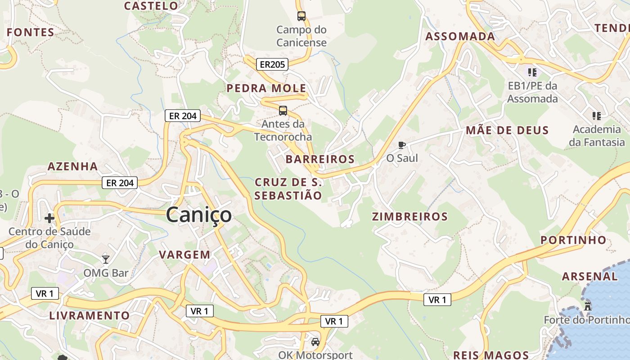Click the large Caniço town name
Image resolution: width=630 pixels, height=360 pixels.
(x=199, y=215)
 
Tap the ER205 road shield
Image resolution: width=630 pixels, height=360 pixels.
(x=272, y=64)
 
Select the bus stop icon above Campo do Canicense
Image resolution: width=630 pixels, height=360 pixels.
(x=301, y=16)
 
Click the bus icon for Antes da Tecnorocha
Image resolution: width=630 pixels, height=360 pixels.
(x=283, y=111)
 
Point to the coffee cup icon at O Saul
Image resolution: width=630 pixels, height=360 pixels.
(x=402, y=145)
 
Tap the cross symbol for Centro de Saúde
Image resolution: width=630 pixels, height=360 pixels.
(x=49, y=219)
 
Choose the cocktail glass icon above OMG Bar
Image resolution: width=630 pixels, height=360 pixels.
(x=106, y=259)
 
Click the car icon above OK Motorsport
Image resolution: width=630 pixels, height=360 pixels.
(x=315, y=342)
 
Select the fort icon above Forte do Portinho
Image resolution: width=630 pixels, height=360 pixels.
(x=587, y=306)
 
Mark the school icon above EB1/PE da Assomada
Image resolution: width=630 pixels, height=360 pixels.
(x=532, y=72)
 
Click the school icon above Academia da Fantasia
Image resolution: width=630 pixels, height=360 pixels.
(x=597, y=116)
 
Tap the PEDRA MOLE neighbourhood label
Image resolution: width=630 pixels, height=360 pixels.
(x=266, y=88)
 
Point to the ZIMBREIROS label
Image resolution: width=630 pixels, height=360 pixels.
(x=410, y=217)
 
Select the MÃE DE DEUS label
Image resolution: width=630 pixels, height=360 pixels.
(x=507, y=131)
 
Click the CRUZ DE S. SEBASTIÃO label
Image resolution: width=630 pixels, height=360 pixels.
(x=288, y=189)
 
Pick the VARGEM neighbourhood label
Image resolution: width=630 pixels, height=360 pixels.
(x=184, y=255)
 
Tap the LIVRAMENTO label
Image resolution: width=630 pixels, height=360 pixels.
(x=90, y=315)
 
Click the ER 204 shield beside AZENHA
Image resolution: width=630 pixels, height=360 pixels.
(x=119, y=183)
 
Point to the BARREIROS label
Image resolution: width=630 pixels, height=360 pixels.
(x=320, y=159)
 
